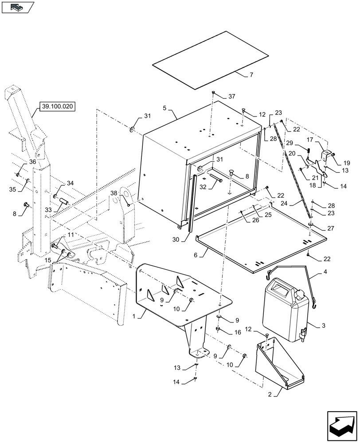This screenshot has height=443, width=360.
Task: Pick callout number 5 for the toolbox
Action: (x=164, y=108)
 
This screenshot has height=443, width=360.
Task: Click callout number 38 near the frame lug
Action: (x=114, y=194)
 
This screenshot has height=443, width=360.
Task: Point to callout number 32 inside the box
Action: (x=203, y=187)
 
